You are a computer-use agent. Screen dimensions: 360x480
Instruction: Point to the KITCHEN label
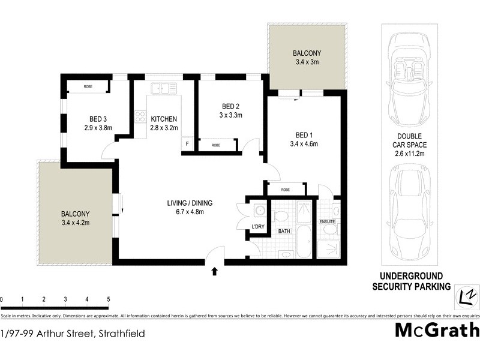coord(163,118)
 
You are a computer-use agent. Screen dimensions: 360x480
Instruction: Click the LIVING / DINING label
coord(190,202)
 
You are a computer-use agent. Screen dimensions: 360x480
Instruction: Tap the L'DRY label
coord(258,226)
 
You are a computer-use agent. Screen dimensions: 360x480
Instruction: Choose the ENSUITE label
coord(327,222)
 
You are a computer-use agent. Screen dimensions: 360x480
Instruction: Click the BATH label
coord(283,230)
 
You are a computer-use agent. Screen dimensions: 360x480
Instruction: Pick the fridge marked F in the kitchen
coord(187,144)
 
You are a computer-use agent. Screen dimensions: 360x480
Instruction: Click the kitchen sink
coord(164,89)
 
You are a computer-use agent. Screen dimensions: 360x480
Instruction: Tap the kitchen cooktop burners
coord(140,116)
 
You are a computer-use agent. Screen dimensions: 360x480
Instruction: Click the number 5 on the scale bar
coord(109,298)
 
